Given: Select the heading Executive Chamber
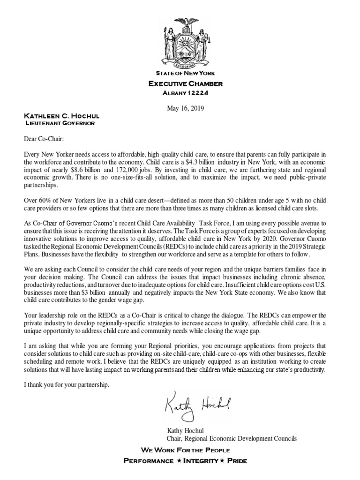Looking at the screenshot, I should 185,83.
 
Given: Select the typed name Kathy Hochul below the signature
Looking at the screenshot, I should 186,430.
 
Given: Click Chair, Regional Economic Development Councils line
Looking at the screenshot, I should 232,438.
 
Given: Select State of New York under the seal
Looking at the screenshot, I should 185,74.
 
